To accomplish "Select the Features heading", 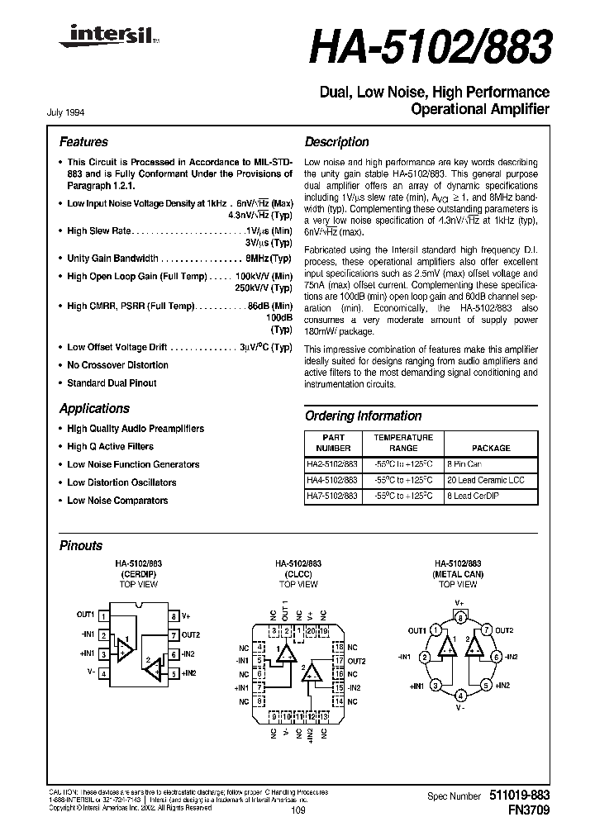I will pos(83,142).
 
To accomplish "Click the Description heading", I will pos(336,142).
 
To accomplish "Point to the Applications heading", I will pos(94,409).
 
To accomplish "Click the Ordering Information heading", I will pos(363,416).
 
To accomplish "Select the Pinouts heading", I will pos(81,546).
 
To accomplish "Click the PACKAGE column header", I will pos(491,448).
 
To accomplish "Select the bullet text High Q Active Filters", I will pos(110,446).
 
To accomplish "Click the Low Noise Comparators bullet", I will pos(117,501).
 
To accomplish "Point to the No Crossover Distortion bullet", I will pos(117,365).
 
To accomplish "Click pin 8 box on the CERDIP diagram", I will pos(174,615).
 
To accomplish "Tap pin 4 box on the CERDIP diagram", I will pos(102,674).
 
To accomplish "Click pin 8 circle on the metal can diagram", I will pos(459,617).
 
